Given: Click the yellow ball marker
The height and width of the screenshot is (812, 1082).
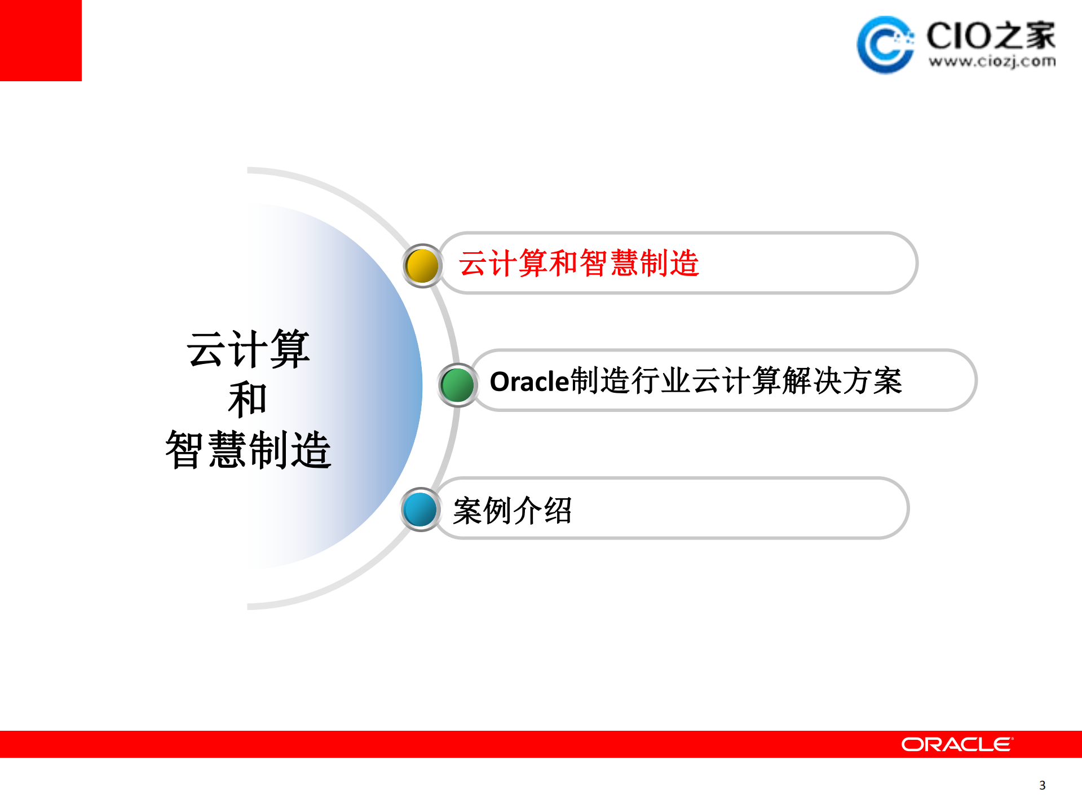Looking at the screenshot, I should (422, 266).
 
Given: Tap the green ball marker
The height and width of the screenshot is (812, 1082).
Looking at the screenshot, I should (457, 385).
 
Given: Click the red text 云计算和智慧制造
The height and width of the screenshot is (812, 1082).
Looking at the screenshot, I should (578, 264).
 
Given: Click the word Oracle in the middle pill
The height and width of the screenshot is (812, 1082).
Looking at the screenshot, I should (529, 382).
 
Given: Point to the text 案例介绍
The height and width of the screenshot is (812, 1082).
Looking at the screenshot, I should (512, 511).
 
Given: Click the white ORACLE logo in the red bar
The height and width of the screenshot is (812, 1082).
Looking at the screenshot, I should (957, 744).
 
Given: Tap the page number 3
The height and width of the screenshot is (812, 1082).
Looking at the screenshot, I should (1042, 785).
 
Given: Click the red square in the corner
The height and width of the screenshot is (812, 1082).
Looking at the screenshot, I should (41, 40).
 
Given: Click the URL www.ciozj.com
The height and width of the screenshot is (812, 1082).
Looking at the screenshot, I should (992, 62).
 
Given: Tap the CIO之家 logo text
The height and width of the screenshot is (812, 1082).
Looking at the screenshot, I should (991, 35).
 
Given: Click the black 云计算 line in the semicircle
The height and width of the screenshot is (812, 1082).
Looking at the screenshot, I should (248, 349).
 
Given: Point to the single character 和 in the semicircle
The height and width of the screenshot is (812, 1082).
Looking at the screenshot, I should (247, 399).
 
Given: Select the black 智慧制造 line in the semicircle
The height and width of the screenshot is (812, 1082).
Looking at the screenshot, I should (248, 450).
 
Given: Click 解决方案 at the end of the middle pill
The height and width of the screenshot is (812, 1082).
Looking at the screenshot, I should (842, 381).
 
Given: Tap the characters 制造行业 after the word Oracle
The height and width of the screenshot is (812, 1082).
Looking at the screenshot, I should (630, 381).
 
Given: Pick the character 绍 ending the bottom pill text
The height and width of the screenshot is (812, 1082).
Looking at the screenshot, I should (558, 511).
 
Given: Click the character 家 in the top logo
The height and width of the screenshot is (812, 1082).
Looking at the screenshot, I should (1039, 35).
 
